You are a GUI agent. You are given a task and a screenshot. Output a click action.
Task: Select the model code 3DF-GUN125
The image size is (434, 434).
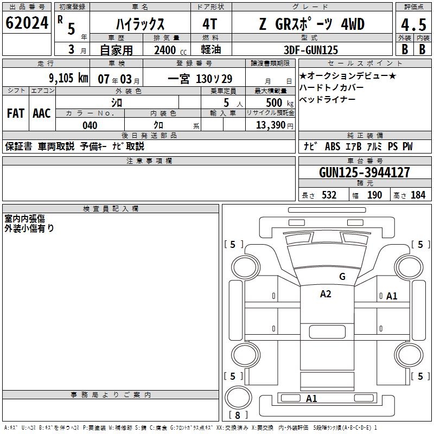coord(311,50)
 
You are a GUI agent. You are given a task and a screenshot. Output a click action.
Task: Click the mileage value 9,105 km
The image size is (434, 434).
coord(68,78)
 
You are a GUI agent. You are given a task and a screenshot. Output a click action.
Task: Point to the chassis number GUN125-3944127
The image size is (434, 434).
coord(365,173)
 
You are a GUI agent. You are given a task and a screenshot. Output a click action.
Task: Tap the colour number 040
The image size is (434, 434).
coord(90,125)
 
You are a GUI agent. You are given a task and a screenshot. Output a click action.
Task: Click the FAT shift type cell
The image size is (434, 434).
coord(15,113)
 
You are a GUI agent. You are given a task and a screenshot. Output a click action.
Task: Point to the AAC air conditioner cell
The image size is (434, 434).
coord(41,113)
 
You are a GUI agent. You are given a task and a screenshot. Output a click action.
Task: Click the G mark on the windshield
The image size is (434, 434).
coord(342,277)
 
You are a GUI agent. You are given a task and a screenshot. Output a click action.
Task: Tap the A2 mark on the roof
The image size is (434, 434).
coord(325,294)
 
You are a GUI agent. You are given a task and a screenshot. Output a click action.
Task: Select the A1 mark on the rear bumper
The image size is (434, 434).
coord(311,399)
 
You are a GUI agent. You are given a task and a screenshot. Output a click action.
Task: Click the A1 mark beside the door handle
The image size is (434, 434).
coord(392,296)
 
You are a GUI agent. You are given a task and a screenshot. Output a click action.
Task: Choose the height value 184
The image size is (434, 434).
coord(418,195)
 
